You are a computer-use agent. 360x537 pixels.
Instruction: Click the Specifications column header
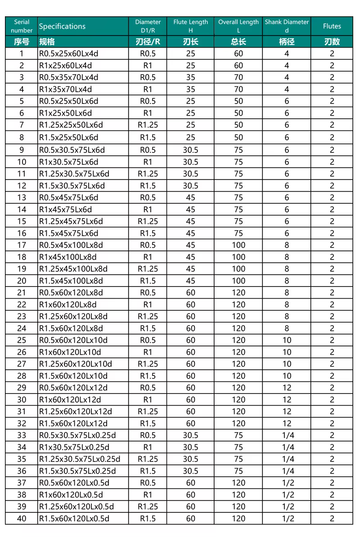(x=62, y=26)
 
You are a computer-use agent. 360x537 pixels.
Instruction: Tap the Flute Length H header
(x=191, y=26)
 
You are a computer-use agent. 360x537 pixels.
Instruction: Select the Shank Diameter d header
(x=287, y=26)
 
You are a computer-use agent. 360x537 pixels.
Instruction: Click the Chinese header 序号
(x=22, y=42)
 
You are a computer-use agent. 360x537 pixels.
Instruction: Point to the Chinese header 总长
(x=238, y=42)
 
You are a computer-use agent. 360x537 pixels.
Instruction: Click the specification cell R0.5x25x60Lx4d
(x=68, y=54)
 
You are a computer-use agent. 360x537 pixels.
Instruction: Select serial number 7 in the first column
(x=22, y=125)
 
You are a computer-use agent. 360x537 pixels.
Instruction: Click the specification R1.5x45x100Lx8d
(x=71, y=281)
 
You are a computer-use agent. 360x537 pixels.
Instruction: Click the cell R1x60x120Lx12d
(x=70, y=399)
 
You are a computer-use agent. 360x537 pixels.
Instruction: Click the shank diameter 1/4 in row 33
(x=288, y=435)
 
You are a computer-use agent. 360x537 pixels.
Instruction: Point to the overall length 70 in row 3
(x=238, y=77)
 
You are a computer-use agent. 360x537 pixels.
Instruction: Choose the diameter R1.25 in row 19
(x=148, y=269)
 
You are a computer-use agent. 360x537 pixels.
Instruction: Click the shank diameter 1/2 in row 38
(x=288, y=495)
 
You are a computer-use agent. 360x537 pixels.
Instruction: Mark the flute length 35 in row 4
(x=191, y=89)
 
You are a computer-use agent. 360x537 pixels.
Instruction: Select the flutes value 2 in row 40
(x=332, y=519)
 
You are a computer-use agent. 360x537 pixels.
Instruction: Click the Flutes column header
(x=332, y=26)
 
